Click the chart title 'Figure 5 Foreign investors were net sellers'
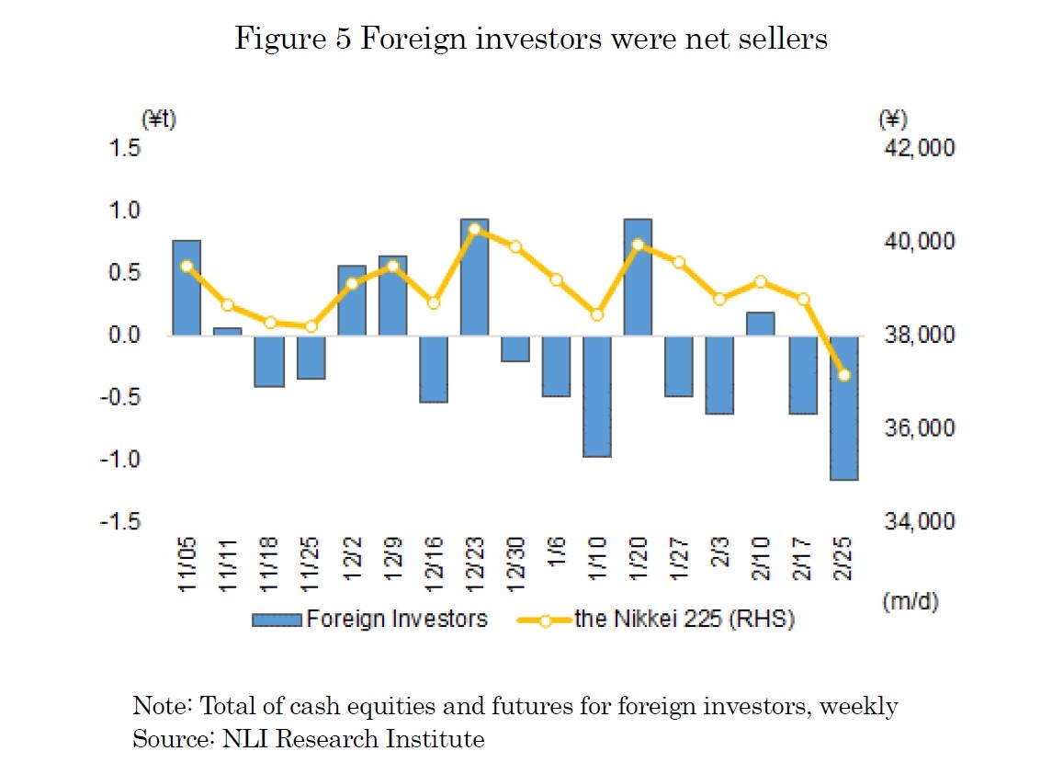(x=531, y=39)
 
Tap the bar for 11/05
(x=187, y=288)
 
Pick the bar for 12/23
(x=474, y=278)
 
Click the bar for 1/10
(x=597, y=396)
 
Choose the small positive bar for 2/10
(x=761, y=324)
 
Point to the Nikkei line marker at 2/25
(x=843, y=374)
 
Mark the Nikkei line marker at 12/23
(x=474, y=230)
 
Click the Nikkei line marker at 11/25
(x=311, y=326)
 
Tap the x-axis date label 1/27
(x=679, y=568)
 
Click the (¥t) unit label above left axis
(x=157, y=119)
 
